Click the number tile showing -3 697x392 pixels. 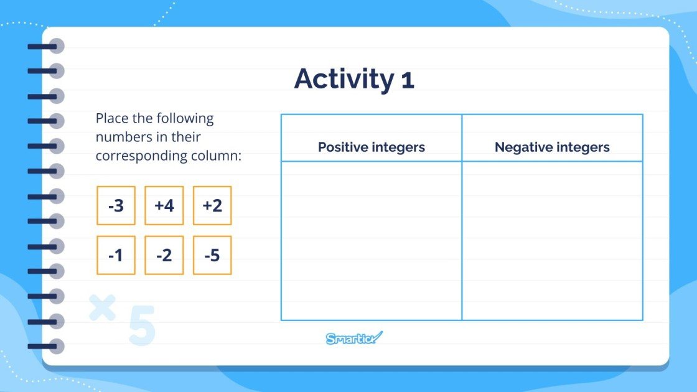(x=116, y=205)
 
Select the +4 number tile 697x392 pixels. (x=164, y=205)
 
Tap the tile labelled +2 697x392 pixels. (x=212, y=205)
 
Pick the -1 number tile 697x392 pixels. (x=116, y=255)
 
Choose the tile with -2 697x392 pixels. (x=164, y=255)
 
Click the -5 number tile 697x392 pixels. (x=212, y=255)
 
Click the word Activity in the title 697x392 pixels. (x=343, y=80)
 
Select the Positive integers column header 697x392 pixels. (x=371, y=147)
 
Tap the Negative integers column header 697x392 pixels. (x=552, y=147)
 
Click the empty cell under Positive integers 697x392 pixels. (x=371, y=241)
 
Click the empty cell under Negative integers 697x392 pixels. (x=552, y=241)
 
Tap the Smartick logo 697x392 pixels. (x=354, y=338)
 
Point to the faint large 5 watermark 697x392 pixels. (x=141, y=325)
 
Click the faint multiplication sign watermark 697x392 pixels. (x=102, y=307)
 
